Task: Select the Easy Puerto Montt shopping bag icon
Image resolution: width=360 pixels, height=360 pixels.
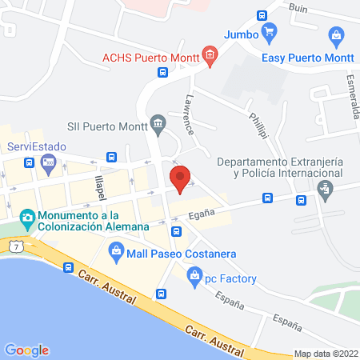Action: [x=337, y=37]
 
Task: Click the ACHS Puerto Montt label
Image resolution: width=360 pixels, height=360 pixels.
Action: [x=150, y=57]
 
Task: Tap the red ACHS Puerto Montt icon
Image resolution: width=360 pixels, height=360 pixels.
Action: [x=210, y=55]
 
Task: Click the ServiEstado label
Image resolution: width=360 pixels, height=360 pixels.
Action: [x=36, y=146]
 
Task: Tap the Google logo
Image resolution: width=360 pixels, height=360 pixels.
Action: [x=26, y=350]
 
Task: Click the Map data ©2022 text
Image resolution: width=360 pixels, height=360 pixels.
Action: [x=326, y=354]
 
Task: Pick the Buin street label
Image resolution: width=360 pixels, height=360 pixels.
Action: [x=298, y=7]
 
